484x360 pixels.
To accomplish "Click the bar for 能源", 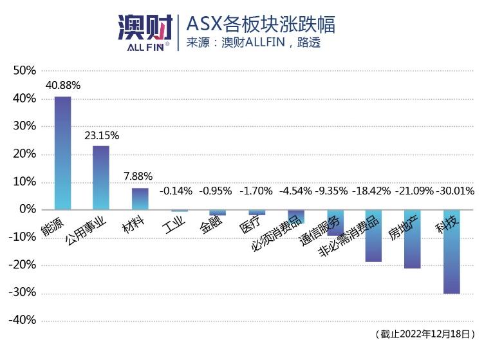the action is coord(62,153).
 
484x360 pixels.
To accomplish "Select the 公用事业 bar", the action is coord(101,178).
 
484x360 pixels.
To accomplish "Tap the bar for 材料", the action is coord(140,199).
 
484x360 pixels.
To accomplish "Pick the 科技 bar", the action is coord(452,252).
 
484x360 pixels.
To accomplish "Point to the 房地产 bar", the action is coord(413,240).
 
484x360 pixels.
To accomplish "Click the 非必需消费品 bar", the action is coord(373,236).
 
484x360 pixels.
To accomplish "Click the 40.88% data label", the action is coord(63,85).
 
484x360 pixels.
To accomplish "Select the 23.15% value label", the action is coord(102,135).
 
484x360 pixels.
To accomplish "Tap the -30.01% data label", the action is coord(455,191).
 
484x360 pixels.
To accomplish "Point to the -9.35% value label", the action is coord(331,191).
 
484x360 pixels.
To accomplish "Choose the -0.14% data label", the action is coord(176,191).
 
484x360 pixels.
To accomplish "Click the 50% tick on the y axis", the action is coord(24,70).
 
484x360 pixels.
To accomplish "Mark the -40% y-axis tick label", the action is coord(23,320).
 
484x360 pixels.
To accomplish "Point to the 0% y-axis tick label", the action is coord(28,209).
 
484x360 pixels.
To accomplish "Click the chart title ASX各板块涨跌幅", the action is coord(261,24).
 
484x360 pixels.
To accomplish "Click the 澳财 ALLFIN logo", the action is coord(145,32).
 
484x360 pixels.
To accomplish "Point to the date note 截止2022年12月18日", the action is coord(425,334).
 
